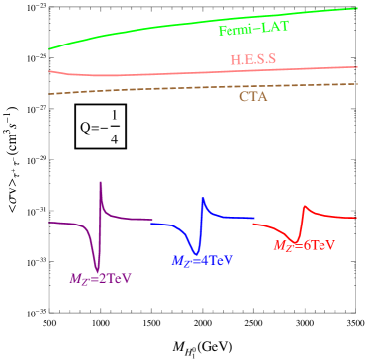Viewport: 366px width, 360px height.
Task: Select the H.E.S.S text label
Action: pyautogui.click(x=253, y=59)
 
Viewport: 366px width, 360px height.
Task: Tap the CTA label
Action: pyautogui.click(x=253, y=96)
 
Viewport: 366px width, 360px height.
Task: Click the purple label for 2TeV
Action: pyautogui.click(x=100, y=279)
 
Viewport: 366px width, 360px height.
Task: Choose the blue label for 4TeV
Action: pyautogui.click(x=202, y=261)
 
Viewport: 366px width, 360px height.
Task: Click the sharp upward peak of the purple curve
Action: pyautogui.click(x=101, y=182)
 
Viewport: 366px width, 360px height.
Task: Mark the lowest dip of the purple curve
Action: pyautogui.click(x=97, y=268)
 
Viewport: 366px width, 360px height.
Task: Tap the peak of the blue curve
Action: pyautogui.click(x=204, y=201)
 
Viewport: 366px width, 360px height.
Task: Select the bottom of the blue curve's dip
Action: pyautogui.click(x=197, y=253)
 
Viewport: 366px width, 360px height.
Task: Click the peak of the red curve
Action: pyautogui.click(x=305, y=206)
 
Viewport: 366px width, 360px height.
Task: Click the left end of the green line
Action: pyautogui.click(x=49, y=48)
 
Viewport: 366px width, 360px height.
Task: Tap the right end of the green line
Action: pyautogui.click(x=357, y=8)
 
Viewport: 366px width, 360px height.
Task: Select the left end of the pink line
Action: pyautogui.click(x=49, y=70)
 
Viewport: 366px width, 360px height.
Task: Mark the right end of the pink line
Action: pyautogui.click(x=357, y=67)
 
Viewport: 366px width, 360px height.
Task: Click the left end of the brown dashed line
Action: pyautogui.click(x=49, y=94)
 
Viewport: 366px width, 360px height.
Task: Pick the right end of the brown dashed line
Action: pyautogui.click(x=357, y=84)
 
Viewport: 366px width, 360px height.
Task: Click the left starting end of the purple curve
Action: pyautogui.click(x=49, y=223)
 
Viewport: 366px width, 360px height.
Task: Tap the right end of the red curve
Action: pyautogui.click(x=356, y=217)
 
